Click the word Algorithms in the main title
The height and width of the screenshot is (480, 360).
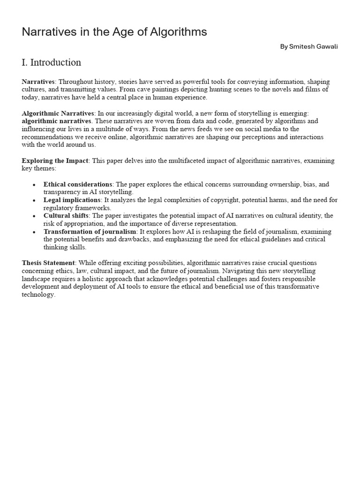point(178,32)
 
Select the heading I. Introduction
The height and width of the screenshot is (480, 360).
point(51,62)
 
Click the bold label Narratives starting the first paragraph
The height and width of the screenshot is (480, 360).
point(38,82)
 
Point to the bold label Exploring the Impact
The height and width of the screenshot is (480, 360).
point(55,161)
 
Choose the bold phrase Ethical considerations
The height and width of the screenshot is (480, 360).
point(78,184)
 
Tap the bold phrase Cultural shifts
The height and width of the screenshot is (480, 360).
point(66,216)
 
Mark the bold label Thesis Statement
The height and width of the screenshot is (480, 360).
point(48,263)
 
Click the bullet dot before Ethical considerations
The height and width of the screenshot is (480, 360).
point(34,185)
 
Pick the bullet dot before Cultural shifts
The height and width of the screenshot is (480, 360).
point(34,216)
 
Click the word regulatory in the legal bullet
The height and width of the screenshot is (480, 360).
point(59,208)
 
